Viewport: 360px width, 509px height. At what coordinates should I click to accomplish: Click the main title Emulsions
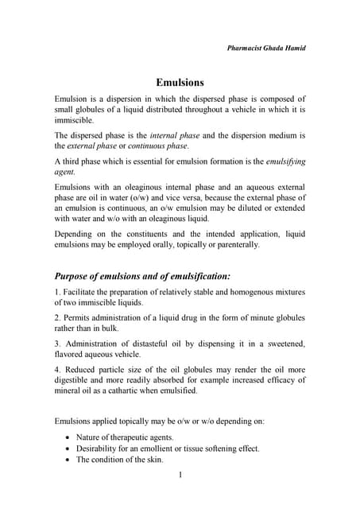tap(180, 82)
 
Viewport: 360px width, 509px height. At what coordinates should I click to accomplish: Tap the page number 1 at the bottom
tap(180, 476)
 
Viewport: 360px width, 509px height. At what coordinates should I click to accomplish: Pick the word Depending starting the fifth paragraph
tap(76, 234)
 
